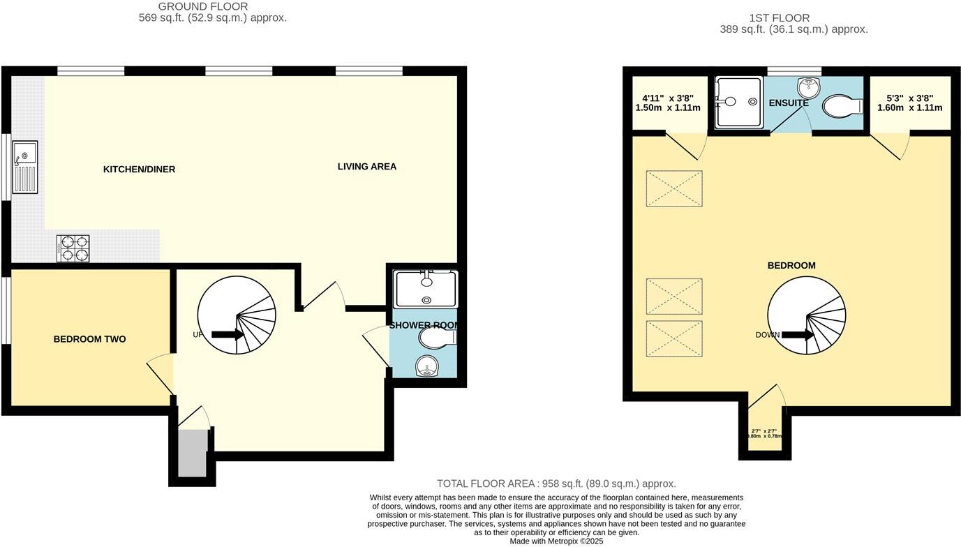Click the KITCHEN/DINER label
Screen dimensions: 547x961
point(139,170)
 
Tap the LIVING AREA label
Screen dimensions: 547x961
point(366,167)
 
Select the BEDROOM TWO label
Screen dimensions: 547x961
point(89,340)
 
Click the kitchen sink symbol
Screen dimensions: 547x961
point(24,167)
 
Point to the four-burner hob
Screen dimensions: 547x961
point(73,248)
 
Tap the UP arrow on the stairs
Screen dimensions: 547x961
point(228,335)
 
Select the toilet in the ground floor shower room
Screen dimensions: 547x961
point(437,338)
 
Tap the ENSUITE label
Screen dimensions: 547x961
point(788,103)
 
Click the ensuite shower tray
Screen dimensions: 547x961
point(738,102)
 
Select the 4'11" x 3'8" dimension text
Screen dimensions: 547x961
point(667,103)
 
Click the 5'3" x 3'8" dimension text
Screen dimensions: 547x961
point(909,103)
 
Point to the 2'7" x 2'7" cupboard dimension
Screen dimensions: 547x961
point(764,433)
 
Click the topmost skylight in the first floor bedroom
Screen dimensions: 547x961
point(673,188)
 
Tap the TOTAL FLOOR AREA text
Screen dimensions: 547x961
point(556,484)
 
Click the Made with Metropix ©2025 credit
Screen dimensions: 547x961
point(556,541)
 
